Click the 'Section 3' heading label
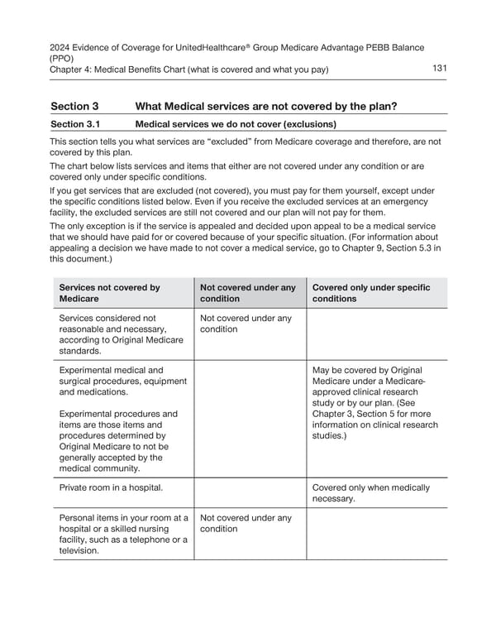[74, 106]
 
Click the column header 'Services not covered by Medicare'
[110, 293]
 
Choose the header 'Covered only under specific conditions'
[371, 293]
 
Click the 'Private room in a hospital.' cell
[111, 487]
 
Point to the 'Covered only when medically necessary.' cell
[371, 493]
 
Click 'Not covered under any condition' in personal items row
[246, 524]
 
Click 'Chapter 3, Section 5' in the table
[360, 414]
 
